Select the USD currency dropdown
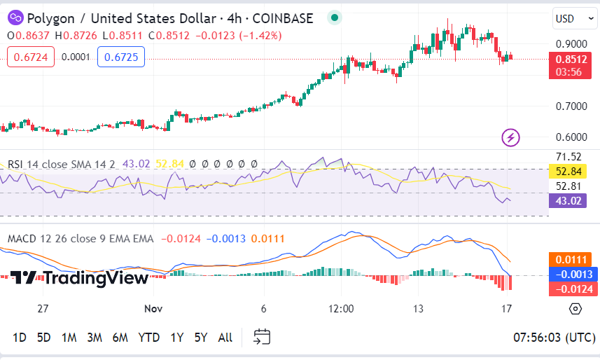click(x=571, y=18)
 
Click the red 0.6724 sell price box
click(x=31, y=57)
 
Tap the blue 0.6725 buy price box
click(x=121, y=57)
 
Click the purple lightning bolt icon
click(x=511, y=137)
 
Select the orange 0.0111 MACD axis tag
click(x=573, y=260)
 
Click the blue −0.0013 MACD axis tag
click(x=573, y=275)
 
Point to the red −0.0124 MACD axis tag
click(x=573, y=289)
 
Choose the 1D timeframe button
click(x=20, y=338)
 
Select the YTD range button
click(x=148, y=338)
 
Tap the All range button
click(x=225, y=338)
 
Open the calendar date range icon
click(x=262, y=337)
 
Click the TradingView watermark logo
click(x=79, y=278)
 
